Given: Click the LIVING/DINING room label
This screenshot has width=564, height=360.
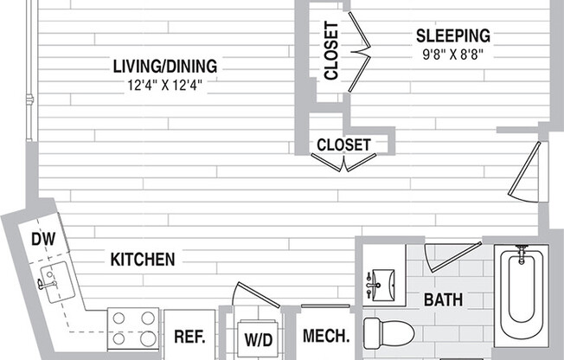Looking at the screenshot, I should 164,66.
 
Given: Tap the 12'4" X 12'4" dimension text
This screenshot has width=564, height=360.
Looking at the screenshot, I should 164,85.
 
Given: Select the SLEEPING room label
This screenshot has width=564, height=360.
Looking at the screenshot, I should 452,35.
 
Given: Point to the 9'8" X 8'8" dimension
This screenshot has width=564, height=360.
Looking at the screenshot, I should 452,54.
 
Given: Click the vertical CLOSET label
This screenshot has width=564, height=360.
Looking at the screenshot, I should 331,51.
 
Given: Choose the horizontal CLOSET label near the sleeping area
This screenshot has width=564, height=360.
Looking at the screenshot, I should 343,145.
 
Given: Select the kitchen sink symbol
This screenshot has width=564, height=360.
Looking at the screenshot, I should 53,282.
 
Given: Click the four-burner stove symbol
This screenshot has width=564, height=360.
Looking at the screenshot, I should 135,329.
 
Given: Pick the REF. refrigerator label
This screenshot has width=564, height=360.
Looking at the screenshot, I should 189,337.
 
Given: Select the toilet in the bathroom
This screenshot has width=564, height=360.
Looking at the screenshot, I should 384,332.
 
